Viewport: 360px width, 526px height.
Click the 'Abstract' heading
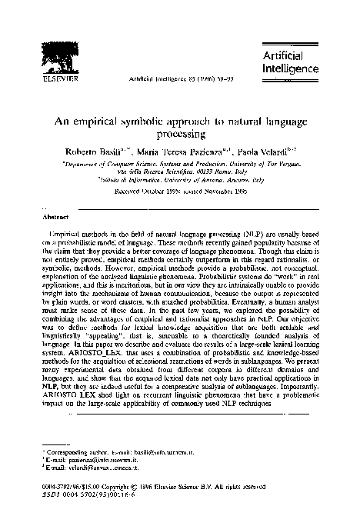[44, 217]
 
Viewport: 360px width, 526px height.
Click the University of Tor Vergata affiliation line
[180, 166]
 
